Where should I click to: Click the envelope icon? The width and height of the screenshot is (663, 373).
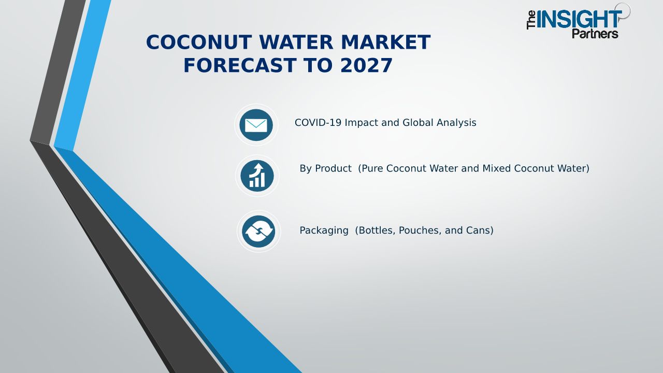(x=256, y=125)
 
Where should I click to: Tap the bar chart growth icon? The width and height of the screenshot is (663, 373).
(x=257, y=176)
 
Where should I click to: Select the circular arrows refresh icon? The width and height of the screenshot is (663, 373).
(x=258, y=231)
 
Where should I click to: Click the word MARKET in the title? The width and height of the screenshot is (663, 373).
(x=386, y=42)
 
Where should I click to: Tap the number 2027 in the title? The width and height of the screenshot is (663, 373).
(x=366, y=65)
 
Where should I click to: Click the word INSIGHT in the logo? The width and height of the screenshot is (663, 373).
(x=579, y=19)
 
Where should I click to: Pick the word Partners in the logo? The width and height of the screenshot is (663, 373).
(x=595, y=34)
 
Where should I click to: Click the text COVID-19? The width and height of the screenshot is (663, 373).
(x=318, y=123)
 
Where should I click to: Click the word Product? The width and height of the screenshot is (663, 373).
(x=333, y=168)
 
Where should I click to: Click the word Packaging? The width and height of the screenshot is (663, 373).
(x=324, y=231)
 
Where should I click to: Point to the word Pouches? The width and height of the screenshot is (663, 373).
(x=420, y=231)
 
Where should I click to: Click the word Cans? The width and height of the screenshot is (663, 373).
(x=480, y=231)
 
